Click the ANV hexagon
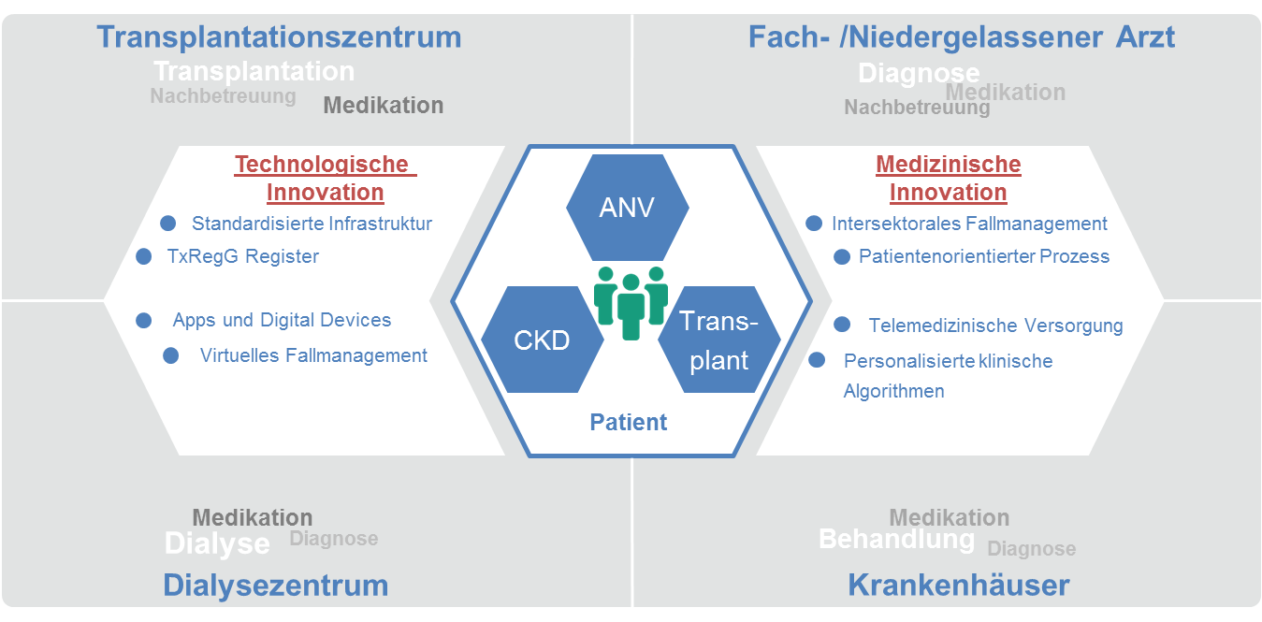click(x=628, y=207)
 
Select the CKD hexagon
click(x=542, y=340)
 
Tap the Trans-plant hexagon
click(x=718, y=340)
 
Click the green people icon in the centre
click(x=631, y=301)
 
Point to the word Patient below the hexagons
click(x=629, y=422)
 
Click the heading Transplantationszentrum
click(x=279, y=36)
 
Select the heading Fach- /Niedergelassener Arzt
click(x=962, y=36)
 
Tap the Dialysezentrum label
click(x=275, y=586)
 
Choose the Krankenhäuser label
click(x=958, y=586)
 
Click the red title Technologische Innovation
click(x=325, y=179)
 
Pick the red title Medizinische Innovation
click(x=948, y=179)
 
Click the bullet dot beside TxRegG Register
click(x=144, y=256)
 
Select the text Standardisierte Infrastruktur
click(x=312, y=224)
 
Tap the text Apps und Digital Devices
click(x=282, y=320)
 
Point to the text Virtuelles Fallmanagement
click(x=313, y=355)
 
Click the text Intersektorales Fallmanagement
click(x=969, y=224)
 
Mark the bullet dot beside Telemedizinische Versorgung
click(x=842, y=325)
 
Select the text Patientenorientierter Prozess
click(x=984, y=256)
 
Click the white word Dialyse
click(x=217, y=543)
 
